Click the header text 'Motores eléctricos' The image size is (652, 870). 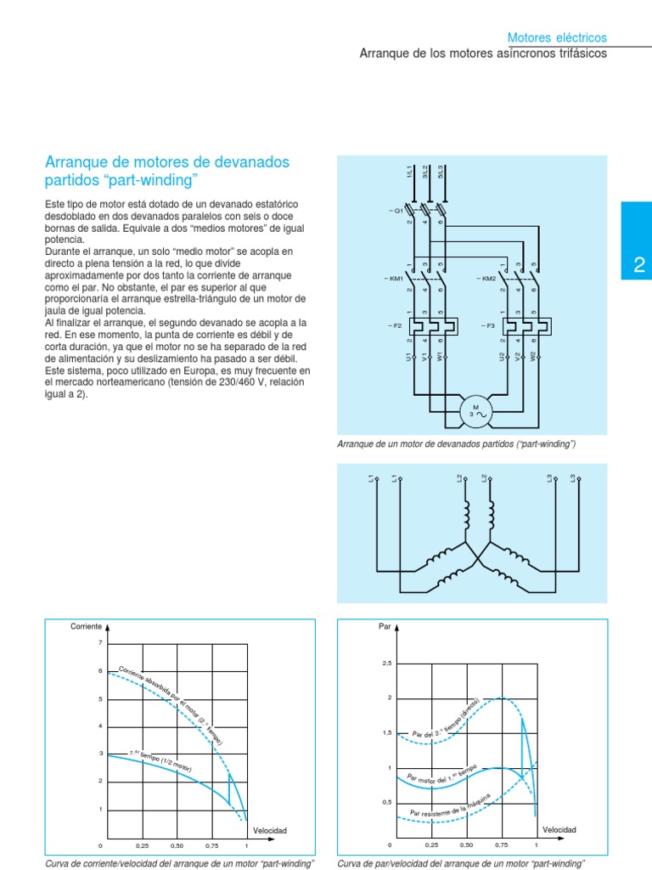pos(557,38)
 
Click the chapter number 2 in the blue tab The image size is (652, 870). pos(639,266)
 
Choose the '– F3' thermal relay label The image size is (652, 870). pos(487,325)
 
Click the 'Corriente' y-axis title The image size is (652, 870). pos(86,627)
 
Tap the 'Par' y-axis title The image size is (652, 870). pos(382,627)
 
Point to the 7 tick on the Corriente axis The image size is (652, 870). pos(100,643)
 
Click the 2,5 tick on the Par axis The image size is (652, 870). pos(386,664)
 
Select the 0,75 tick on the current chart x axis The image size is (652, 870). pos(212,846)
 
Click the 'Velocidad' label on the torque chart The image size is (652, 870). pos(559,829)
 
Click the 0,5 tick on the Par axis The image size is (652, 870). pos(386,802)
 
